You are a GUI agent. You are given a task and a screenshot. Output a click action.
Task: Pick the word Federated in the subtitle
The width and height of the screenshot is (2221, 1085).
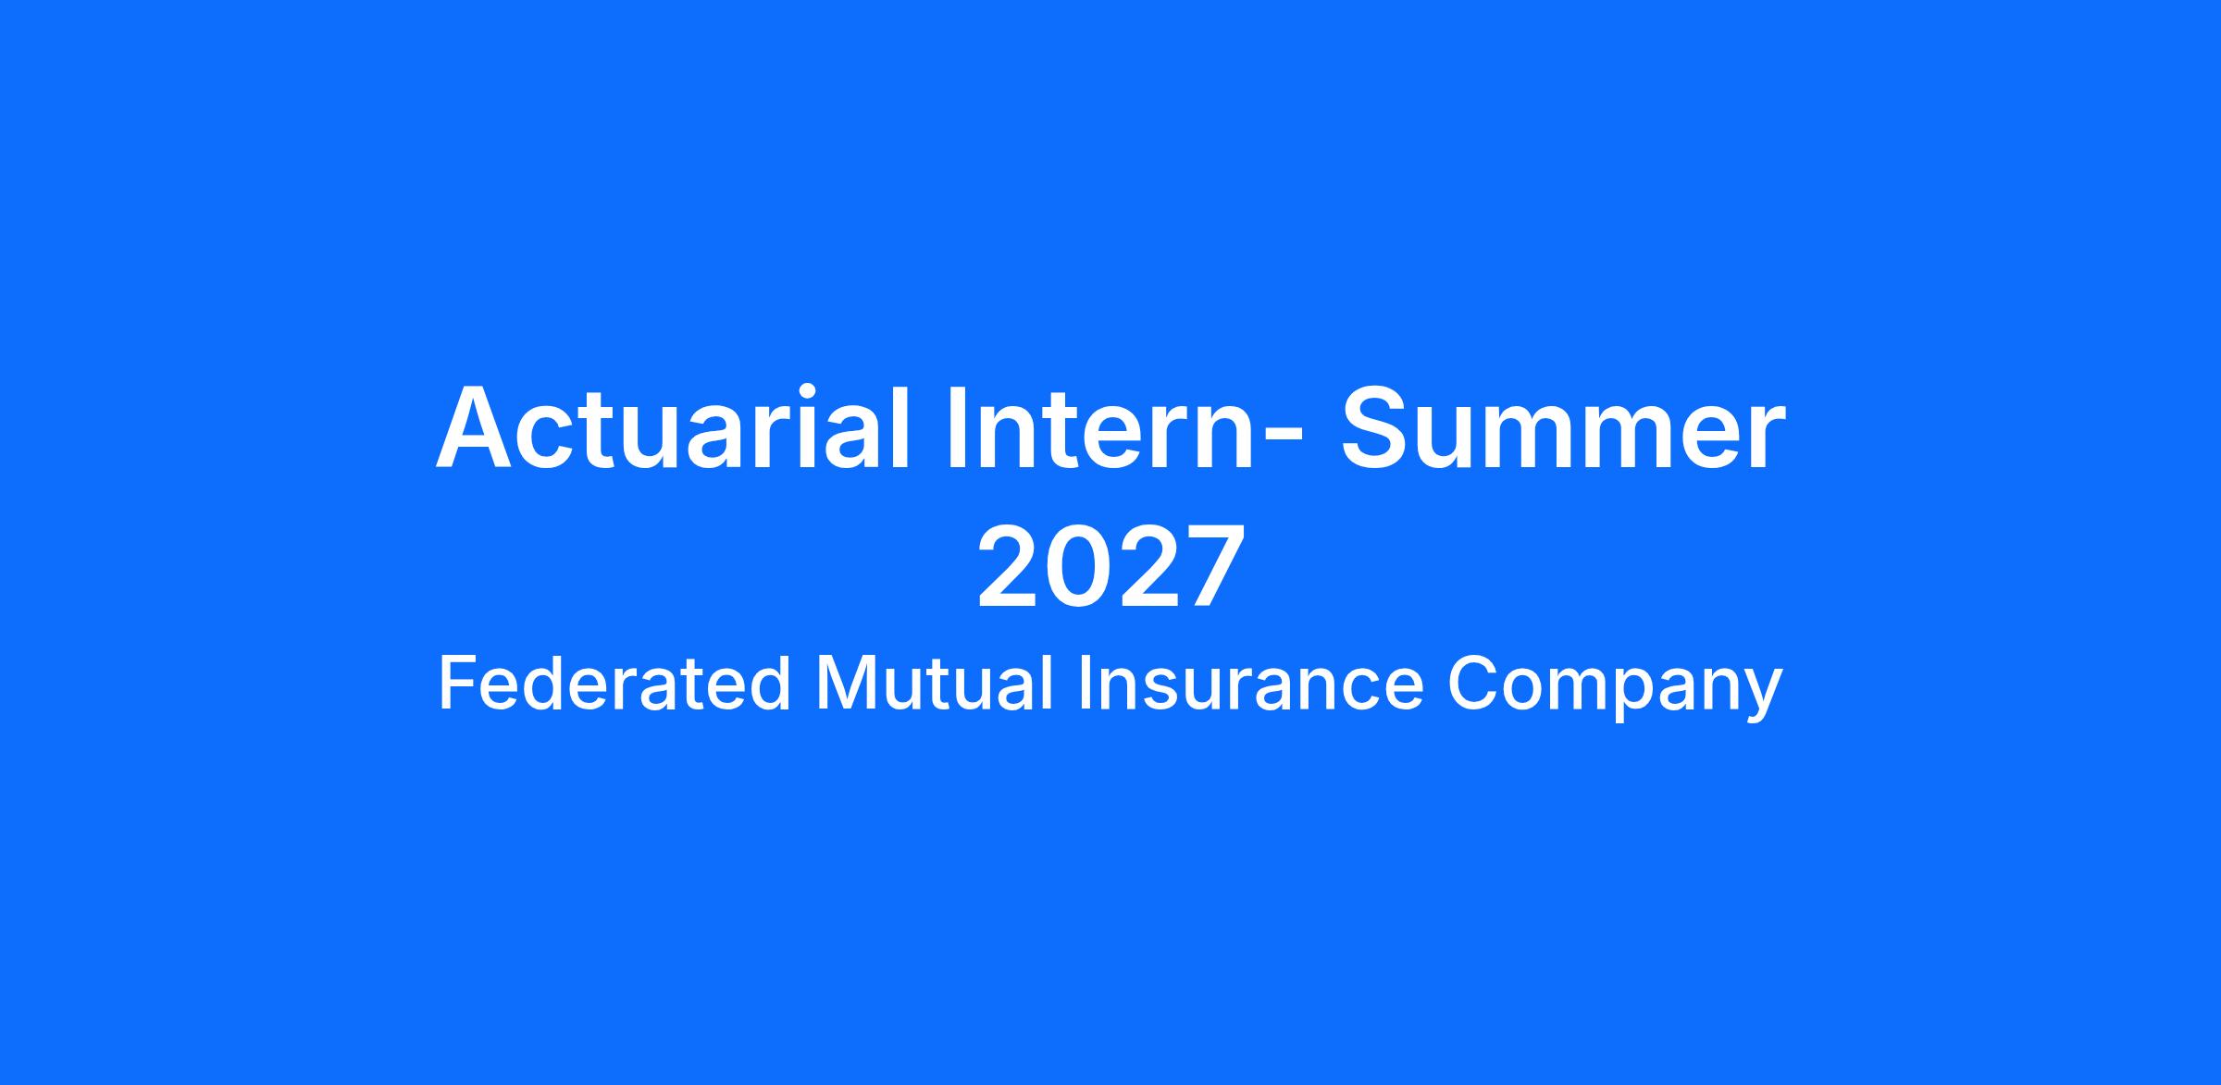tap(614, 684)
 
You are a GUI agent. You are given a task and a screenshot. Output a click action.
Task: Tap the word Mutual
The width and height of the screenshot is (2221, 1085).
tap(935, 684)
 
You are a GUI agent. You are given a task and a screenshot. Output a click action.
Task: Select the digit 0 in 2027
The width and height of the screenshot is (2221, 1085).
tap(1078, 566)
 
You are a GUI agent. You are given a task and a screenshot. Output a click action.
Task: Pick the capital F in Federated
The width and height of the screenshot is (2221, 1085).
tap(458, 684)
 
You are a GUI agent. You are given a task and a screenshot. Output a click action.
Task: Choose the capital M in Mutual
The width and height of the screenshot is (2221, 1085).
tap(844, 684)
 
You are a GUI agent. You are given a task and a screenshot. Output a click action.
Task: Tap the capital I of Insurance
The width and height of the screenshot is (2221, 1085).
tap(1086, 684)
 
